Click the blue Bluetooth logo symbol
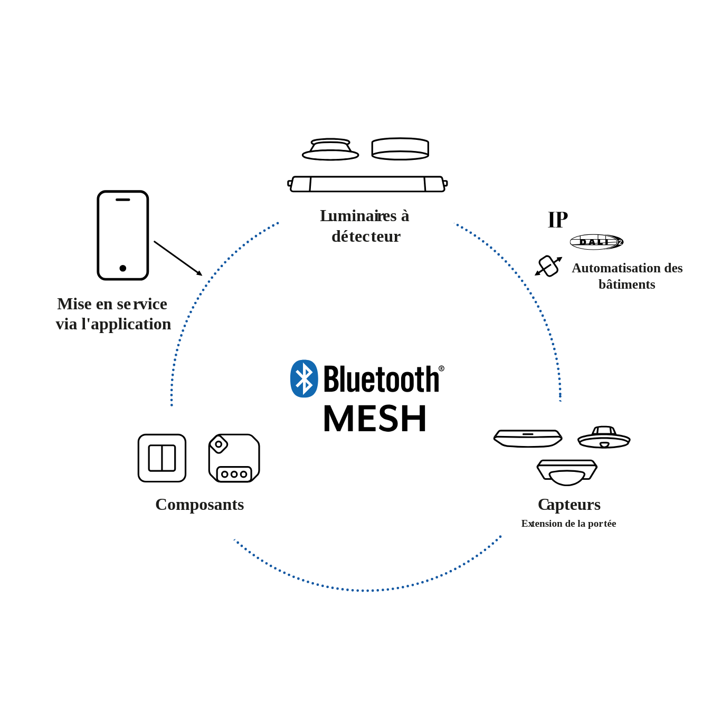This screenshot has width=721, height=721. tap(304, 378)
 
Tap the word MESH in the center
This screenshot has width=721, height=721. tap(375, 419)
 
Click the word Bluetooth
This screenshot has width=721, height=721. tap(381, 379)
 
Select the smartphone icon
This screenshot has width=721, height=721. tap(123, 235)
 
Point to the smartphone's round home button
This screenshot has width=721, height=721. tap(123, 268)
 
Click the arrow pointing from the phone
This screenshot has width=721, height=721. tap(178, 258)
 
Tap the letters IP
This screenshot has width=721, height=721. tap(557, 220)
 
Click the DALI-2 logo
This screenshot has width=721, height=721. tap(596, 242)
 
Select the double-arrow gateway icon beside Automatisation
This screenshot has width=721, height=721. tap(548, 266)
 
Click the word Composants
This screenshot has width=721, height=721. tap(200, 505)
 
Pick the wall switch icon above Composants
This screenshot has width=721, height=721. tap(162, 458)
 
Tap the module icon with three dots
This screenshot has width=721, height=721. tap(234, 458)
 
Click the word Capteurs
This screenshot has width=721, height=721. tap(569, 505)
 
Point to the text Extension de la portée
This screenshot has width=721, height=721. tap(568, 524)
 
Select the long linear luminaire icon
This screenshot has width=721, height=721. tap(367, 184)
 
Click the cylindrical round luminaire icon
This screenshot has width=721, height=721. tap(400, 149)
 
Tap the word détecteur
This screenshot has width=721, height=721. tap(366, 236)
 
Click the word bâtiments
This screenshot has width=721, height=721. tap(627, 284)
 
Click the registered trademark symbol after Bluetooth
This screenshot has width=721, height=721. tap(441, 368)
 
